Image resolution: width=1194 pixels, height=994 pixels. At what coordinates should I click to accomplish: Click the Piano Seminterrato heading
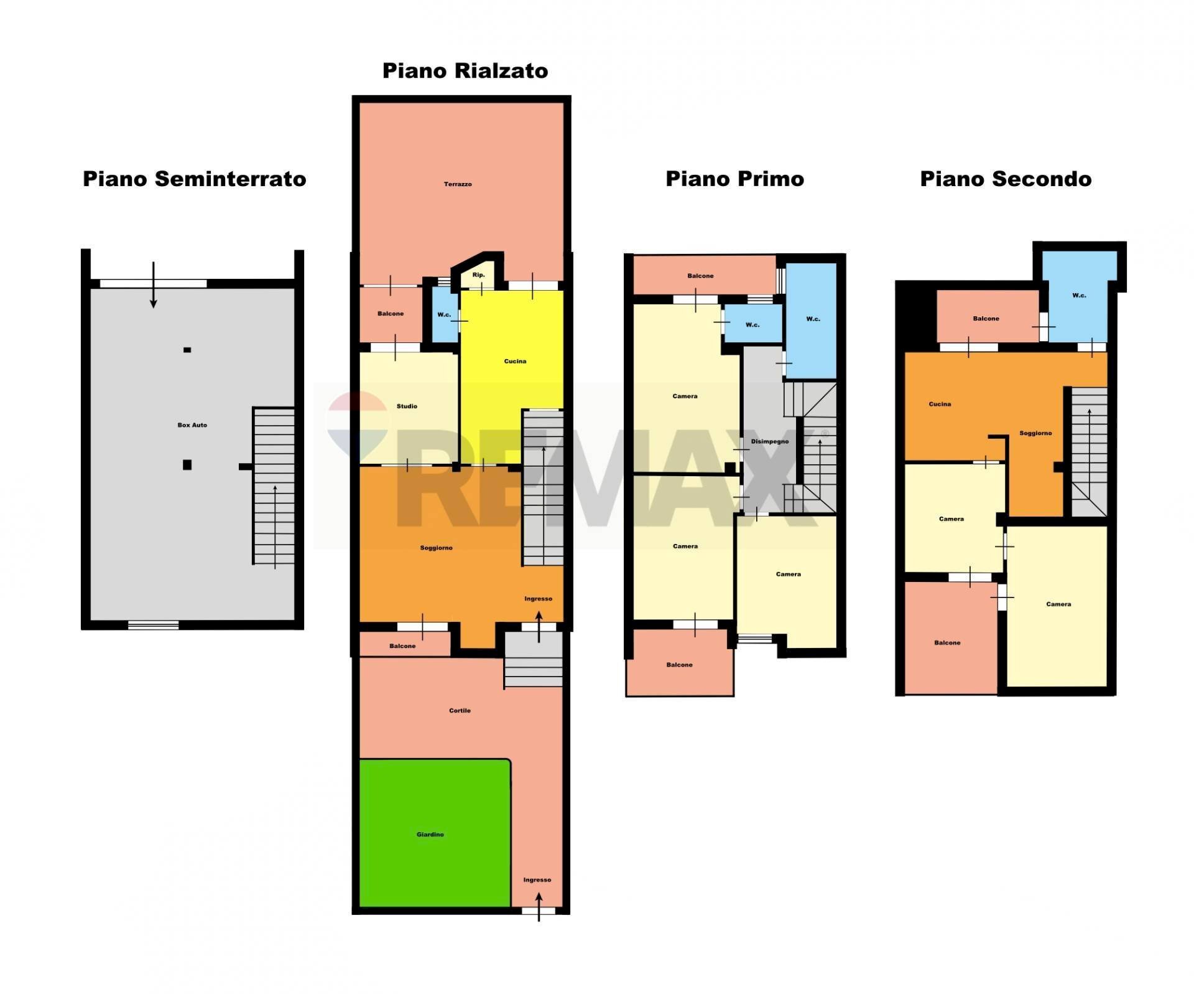[x=194, y=179]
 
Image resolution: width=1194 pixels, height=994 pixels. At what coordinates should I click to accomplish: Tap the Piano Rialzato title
[x=465, y=71]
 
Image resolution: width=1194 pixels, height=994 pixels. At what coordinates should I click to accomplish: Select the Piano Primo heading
[x=734, y=179]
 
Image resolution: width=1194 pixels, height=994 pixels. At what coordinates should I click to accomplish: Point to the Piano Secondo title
[x=1006, y=179]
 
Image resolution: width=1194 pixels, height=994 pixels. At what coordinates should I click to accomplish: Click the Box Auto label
[x=192, y=425]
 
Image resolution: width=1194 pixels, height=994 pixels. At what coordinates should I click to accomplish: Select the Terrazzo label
[x=458, y=184]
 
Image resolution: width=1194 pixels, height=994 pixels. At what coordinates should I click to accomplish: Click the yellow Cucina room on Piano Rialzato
[x=515, y=361]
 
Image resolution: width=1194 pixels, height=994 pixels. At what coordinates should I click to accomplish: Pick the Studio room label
[x=407, y=406]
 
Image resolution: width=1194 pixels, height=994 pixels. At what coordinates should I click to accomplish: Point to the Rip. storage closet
[x=478, y=275]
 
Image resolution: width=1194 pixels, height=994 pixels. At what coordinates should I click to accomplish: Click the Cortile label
[x=460, y=710]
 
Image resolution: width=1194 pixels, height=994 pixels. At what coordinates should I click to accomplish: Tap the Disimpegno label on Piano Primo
[x=769, y=441]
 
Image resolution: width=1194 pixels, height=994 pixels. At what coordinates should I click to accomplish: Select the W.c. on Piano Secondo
[x=1079, y=296]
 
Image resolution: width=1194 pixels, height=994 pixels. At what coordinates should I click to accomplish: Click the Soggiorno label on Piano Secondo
[x=1035, y=433]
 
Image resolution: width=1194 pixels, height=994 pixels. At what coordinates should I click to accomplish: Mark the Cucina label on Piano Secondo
[x=940, y=404]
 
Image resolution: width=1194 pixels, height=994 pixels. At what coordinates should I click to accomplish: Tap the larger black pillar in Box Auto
[x=187, y=464]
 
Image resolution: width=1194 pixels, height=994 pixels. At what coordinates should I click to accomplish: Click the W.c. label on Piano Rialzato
[x=444, y=315]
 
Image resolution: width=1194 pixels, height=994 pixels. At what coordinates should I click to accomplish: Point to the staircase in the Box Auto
[x=274, y=485]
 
